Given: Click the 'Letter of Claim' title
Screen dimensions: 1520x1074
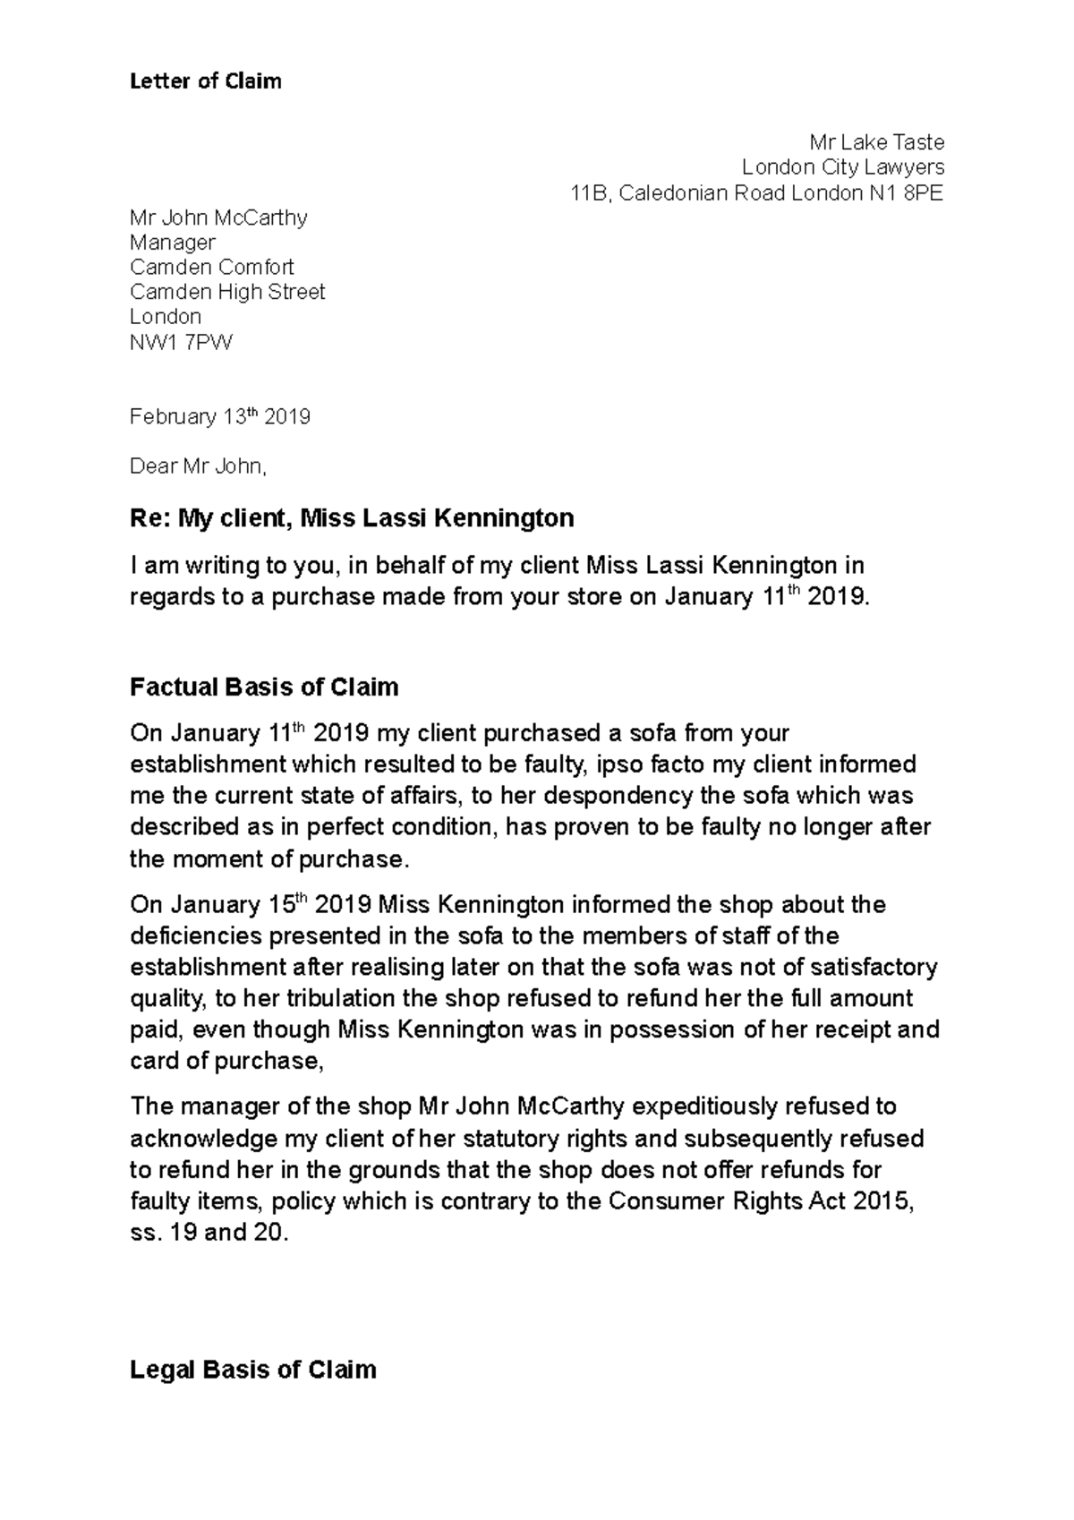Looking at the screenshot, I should pyautogui.click(x=205, y=81).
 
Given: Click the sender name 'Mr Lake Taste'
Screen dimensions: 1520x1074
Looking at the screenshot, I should pyautogui.click(x=876, y=142).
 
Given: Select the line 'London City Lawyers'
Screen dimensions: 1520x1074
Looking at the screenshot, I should pyautogui.click(x=842, y=167).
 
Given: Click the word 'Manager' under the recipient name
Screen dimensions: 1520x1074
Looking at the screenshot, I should pyautogui.click(x=173, y=243).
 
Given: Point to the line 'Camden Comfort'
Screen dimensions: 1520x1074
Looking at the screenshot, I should pyautogui.click(x=211, y=268).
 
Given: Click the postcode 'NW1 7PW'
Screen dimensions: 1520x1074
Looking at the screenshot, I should pyautogui.click(x=180, y=342).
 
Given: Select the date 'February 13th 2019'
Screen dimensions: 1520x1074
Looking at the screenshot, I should pyautogui.click(x=219, y=417).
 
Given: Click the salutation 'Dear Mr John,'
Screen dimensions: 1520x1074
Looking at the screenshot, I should pyautogui.click(x=198, y=466).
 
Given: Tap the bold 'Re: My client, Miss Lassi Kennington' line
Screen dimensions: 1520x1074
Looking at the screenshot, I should pyautogui.click(x=352, y=517).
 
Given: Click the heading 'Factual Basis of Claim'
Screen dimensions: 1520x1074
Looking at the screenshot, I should pyautogui.click(x=264, y=687).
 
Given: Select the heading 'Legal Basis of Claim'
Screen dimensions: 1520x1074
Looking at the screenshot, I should pyautogui.click(x=253, y=1370).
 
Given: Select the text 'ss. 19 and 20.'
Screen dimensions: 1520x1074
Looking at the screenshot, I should pyautogui.click(x=209, y=1233).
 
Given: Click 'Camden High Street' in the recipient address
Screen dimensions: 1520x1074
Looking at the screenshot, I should pyautogui.click(x=227, y=292).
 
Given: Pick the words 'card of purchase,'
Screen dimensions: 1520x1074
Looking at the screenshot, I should pyautogui.click(x=226, y=1061).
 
